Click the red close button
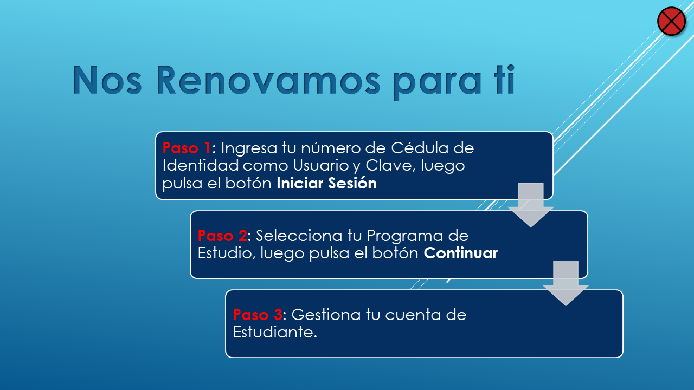click(x=671, y=21)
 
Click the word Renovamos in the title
click(x=268, y=80)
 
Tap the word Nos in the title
click(x=107, y=80)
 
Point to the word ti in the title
click(x=505, y=80)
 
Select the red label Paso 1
click(x=187, y=148)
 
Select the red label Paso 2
click(x=222, y=236)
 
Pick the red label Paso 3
click(x=258, y=315)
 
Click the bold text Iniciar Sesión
click(x=326, y=183)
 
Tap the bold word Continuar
click(x=461, y=253)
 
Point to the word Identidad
click(x=201, y=165)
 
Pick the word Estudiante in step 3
click(x=275, y=332)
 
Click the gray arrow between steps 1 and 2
click(x=531, y=205)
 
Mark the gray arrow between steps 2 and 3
click(x=566, y=283)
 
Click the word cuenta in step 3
click(x=413, y=315)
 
